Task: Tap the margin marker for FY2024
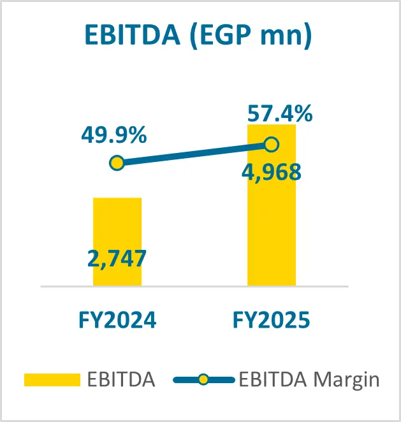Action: point(117,163)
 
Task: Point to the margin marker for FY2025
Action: point(272,145)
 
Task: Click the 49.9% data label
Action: point(114,135)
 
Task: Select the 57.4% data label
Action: point(280,114)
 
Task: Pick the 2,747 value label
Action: point(117,258)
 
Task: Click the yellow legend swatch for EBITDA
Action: point(52,381)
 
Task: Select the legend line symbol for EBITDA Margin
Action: point(203,381)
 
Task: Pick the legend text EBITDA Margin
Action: point(309,381)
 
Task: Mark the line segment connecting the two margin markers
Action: point(194,154)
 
